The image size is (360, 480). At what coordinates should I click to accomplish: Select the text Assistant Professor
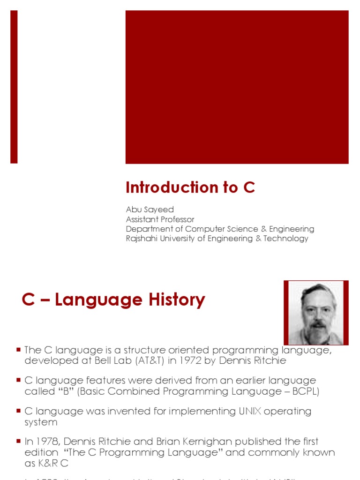click(160, 219)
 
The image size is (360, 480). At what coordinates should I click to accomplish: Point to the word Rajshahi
click(142, 238)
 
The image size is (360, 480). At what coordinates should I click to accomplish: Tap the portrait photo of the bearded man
click(316, 313)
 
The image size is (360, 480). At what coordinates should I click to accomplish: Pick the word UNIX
click(248, 411)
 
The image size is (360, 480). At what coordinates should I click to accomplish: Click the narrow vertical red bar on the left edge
click(14, 87)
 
